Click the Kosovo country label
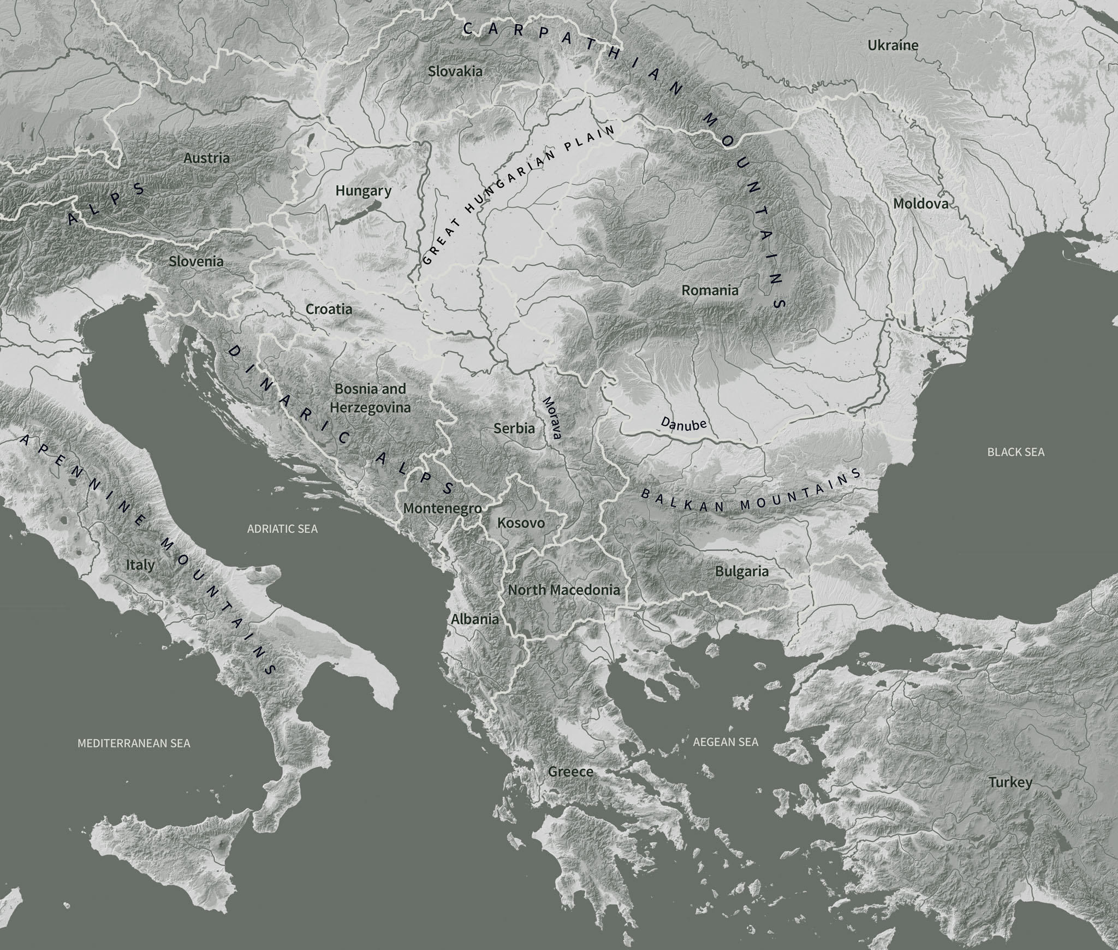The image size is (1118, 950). pyautogui.click(x=521, y=523)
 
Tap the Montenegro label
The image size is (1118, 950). pyautogui.click(x=442, y=508)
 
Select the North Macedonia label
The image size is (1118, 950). pyautogui.click(x=564, y=590)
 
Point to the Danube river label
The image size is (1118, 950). pyautogui.click(x=683, y=424)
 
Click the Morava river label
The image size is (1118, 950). pyautogui.click(x=551, y=418)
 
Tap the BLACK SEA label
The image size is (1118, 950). pyautogui.click(x=1015, y=452)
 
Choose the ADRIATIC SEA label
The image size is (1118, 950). pyautogui.click(x=282, y=529)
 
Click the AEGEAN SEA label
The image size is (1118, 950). pyautogui.click(x=725, y=742)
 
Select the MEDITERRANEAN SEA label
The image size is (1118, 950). pyautogui.click(x=134, y=743)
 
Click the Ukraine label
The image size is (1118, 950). pyautogui.click(x=893, y=45)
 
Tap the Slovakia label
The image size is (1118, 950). pyautogui.click(x=455, y=71)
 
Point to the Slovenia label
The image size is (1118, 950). pyautogui.click(x=196, y=261)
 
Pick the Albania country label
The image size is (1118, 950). pyautogui.click(x=474, y=619)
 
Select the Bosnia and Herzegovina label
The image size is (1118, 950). pyautogui.click(x=370, y=398)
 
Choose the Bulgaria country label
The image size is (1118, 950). pyautogui.click(x=741, y=572)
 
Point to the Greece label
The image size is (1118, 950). pyautogui.click(x=570, y=771)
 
